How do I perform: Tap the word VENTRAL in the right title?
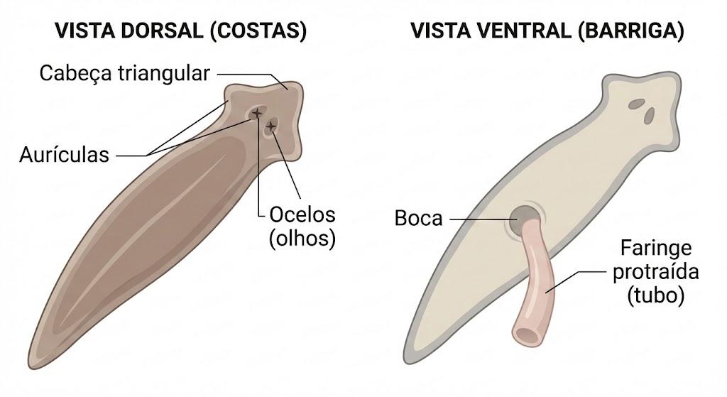click(x=528, y=31)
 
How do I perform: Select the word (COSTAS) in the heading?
click(x=258, y=31)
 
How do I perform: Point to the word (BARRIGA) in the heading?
click(x=630, y=31)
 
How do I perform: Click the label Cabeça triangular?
click(x=125, y=74)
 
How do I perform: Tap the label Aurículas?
click(x=64, y=155)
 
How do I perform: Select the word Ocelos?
click(x=302, y=214)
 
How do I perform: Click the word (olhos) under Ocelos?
click(x=302, y=239)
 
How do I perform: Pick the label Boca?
click(x=418, y=219)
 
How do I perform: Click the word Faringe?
click(x=656, y=248)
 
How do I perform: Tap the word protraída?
click(x=655, y=271)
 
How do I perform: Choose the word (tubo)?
click(x=655, y=295)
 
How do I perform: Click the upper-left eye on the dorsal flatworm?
click(x=256, y=113)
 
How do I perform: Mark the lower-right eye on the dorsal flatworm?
click(x=270, y=126)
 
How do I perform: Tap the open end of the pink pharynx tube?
click(x=526, y=335)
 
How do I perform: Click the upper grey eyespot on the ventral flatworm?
click(x=637, y=104)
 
